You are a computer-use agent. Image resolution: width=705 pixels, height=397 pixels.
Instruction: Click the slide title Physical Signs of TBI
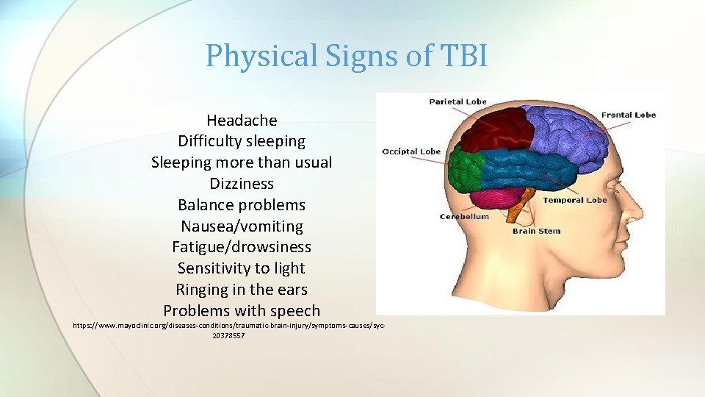(346, 56)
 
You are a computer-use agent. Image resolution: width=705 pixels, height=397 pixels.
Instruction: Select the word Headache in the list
(242, 120)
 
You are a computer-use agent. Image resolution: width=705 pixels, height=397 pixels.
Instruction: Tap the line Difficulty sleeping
(242, 140)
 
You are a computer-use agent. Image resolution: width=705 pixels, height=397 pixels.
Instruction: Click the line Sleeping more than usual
(242, 162)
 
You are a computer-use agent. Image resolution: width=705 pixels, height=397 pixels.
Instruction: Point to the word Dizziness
(242, 183)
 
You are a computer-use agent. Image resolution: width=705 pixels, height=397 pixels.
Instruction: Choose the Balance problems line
(242, 204)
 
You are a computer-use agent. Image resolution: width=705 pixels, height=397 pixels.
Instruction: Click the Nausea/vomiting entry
(242, 226)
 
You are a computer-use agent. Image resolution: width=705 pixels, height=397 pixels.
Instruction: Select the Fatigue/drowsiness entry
(242, 247)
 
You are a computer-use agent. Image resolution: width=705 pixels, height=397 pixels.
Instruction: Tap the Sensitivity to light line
(242, 268)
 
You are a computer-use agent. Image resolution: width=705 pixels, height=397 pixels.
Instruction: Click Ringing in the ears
(242, 290)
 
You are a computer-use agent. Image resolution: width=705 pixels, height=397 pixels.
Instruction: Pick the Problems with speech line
(242, 311)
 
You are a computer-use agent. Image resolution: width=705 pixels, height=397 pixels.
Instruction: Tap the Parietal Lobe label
(458, 101)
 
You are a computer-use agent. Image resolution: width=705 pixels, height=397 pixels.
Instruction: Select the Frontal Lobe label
(628, 115)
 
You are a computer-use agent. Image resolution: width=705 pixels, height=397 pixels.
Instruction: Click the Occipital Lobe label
(411, 151)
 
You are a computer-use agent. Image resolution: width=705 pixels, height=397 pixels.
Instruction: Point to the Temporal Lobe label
(574, 200)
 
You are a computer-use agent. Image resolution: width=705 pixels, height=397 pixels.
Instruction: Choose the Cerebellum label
(464, 216)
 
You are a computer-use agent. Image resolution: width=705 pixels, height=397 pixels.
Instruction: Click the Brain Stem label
(536, 231)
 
